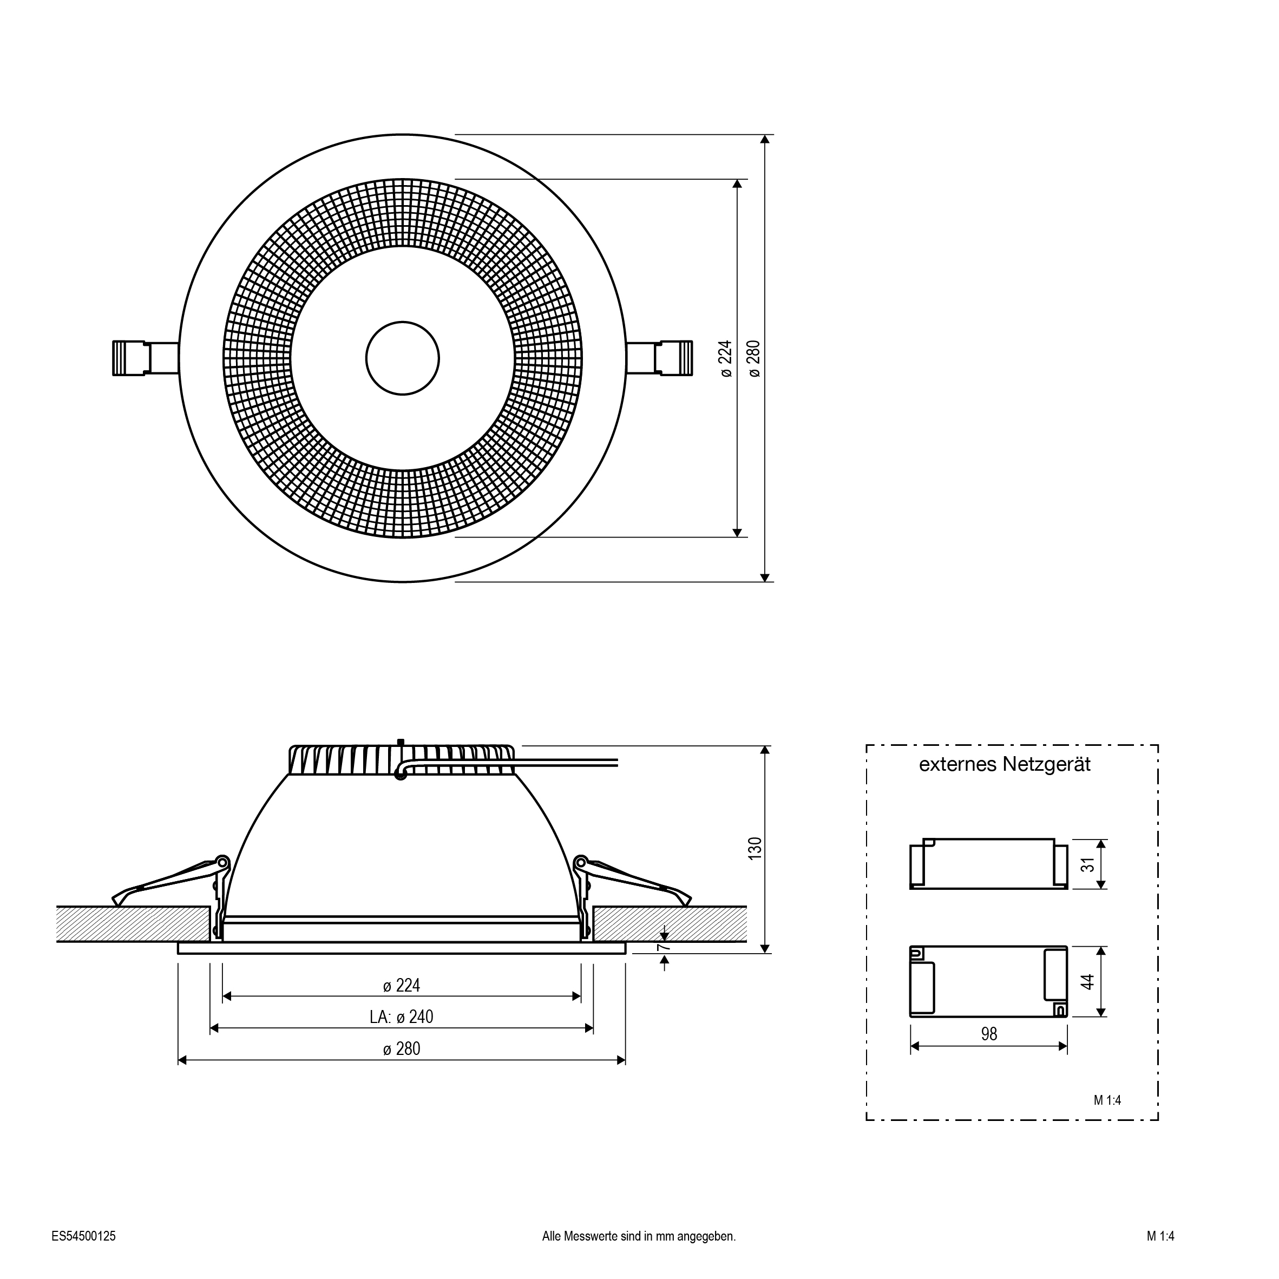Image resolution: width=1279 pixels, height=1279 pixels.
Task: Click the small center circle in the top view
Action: click(x=403, y=358)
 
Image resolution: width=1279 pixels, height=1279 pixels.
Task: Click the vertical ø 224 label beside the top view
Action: click(x=726, y=358)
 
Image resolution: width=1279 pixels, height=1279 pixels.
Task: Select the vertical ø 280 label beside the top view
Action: click(x=755, y=358)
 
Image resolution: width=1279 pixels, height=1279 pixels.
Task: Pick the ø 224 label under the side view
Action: click(x=401, y=986)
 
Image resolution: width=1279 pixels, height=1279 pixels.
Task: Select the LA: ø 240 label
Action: click(x=401, y=1017)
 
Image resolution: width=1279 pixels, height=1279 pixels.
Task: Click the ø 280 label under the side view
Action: click(x=401, y=1048)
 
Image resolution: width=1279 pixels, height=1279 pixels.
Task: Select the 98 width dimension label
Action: click(x=988, y=1034)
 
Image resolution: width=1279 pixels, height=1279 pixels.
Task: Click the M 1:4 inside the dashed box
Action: click(x=1107, y=1100)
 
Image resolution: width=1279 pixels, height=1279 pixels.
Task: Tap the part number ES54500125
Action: click(x=83, y=1236)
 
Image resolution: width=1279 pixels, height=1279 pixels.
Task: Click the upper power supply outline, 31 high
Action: click(x=988, y=864)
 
